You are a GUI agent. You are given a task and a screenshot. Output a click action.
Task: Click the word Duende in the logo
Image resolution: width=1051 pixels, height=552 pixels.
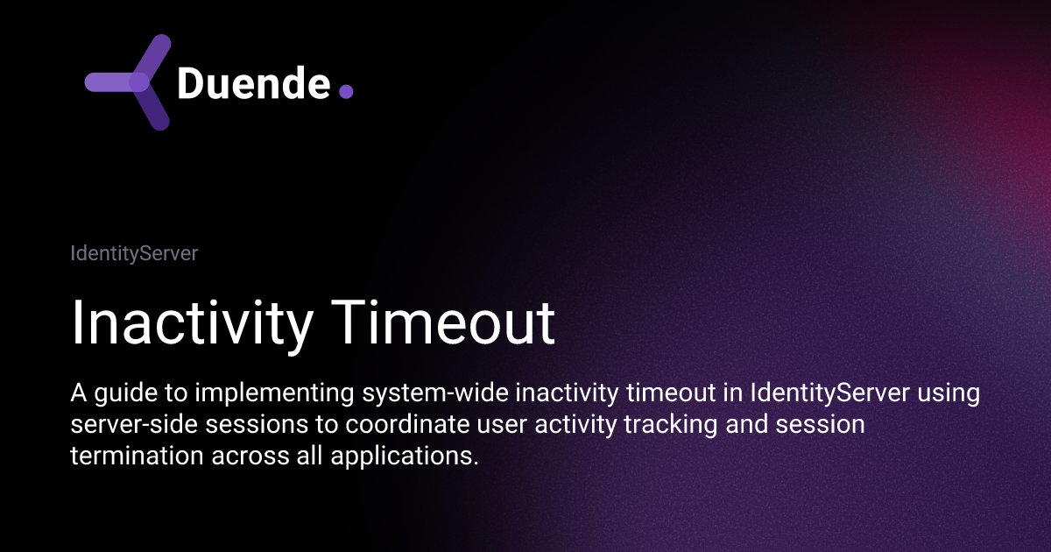click(254, 83)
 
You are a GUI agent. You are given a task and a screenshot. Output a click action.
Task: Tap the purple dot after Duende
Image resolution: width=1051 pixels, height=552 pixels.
click(346, 91)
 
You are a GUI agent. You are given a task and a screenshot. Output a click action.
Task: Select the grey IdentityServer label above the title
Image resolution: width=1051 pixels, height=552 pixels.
click(134, 253)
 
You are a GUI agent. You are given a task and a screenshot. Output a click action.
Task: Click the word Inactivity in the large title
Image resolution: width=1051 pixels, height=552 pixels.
click(192, 324)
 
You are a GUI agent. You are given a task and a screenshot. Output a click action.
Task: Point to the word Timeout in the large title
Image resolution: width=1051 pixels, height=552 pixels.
click(443, 322)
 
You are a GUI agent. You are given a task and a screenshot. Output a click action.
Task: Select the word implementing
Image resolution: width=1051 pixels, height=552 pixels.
click(274, 393)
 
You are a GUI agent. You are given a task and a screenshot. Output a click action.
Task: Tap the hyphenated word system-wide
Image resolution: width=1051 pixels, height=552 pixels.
click(435, 393)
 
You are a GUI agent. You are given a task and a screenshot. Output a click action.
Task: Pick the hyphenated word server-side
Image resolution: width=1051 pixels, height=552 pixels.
click(134, 424)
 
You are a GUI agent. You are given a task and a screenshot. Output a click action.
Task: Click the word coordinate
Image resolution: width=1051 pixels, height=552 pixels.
click(408, 424)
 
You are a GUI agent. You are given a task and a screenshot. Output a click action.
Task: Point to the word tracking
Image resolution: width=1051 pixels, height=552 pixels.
click(671, 425)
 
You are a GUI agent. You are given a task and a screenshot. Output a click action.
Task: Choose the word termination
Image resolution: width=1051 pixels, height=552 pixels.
click(137, 456)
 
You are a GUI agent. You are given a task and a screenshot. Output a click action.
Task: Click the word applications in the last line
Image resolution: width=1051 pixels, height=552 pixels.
click(405, 456)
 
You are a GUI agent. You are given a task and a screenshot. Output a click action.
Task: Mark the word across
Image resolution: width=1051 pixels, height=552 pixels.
click(250, 456)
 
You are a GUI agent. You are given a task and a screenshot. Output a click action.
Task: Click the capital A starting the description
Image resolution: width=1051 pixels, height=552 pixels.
click(78, 393)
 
